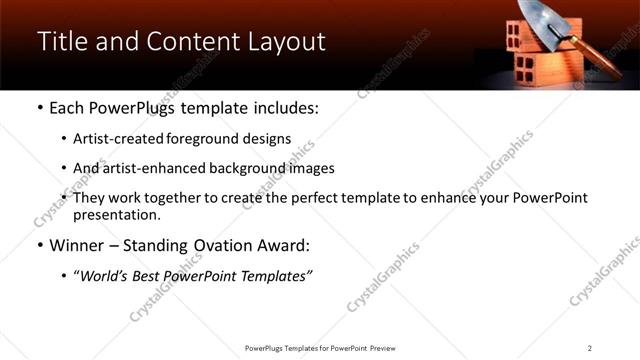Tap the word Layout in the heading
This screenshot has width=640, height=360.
[x=284, y=41]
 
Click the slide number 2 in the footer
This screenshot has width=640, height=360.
[x=589, y=348]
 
